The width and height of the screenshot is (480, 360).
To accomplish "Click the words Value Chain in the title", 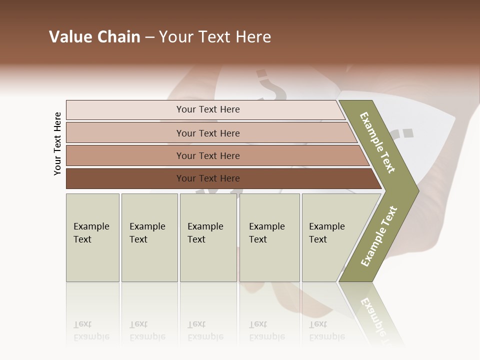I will click(94, 37).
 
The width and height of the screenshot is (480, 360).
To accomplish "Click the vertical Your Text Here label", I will click(57, 143).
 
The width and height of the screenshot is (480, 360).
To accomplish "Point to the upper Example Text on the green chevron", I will click(377, 143).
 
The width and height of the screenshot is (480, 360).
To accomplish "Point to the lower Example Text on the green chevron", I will click(379, 236).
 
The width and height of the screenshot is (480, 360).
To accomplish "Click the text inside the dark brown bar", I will click(208, 178).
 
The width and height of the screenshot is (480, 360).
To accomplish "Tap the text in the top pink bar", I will click(208, 109).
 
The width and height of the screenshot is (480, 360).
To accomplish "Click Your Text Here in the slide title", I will click(215, 37).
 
